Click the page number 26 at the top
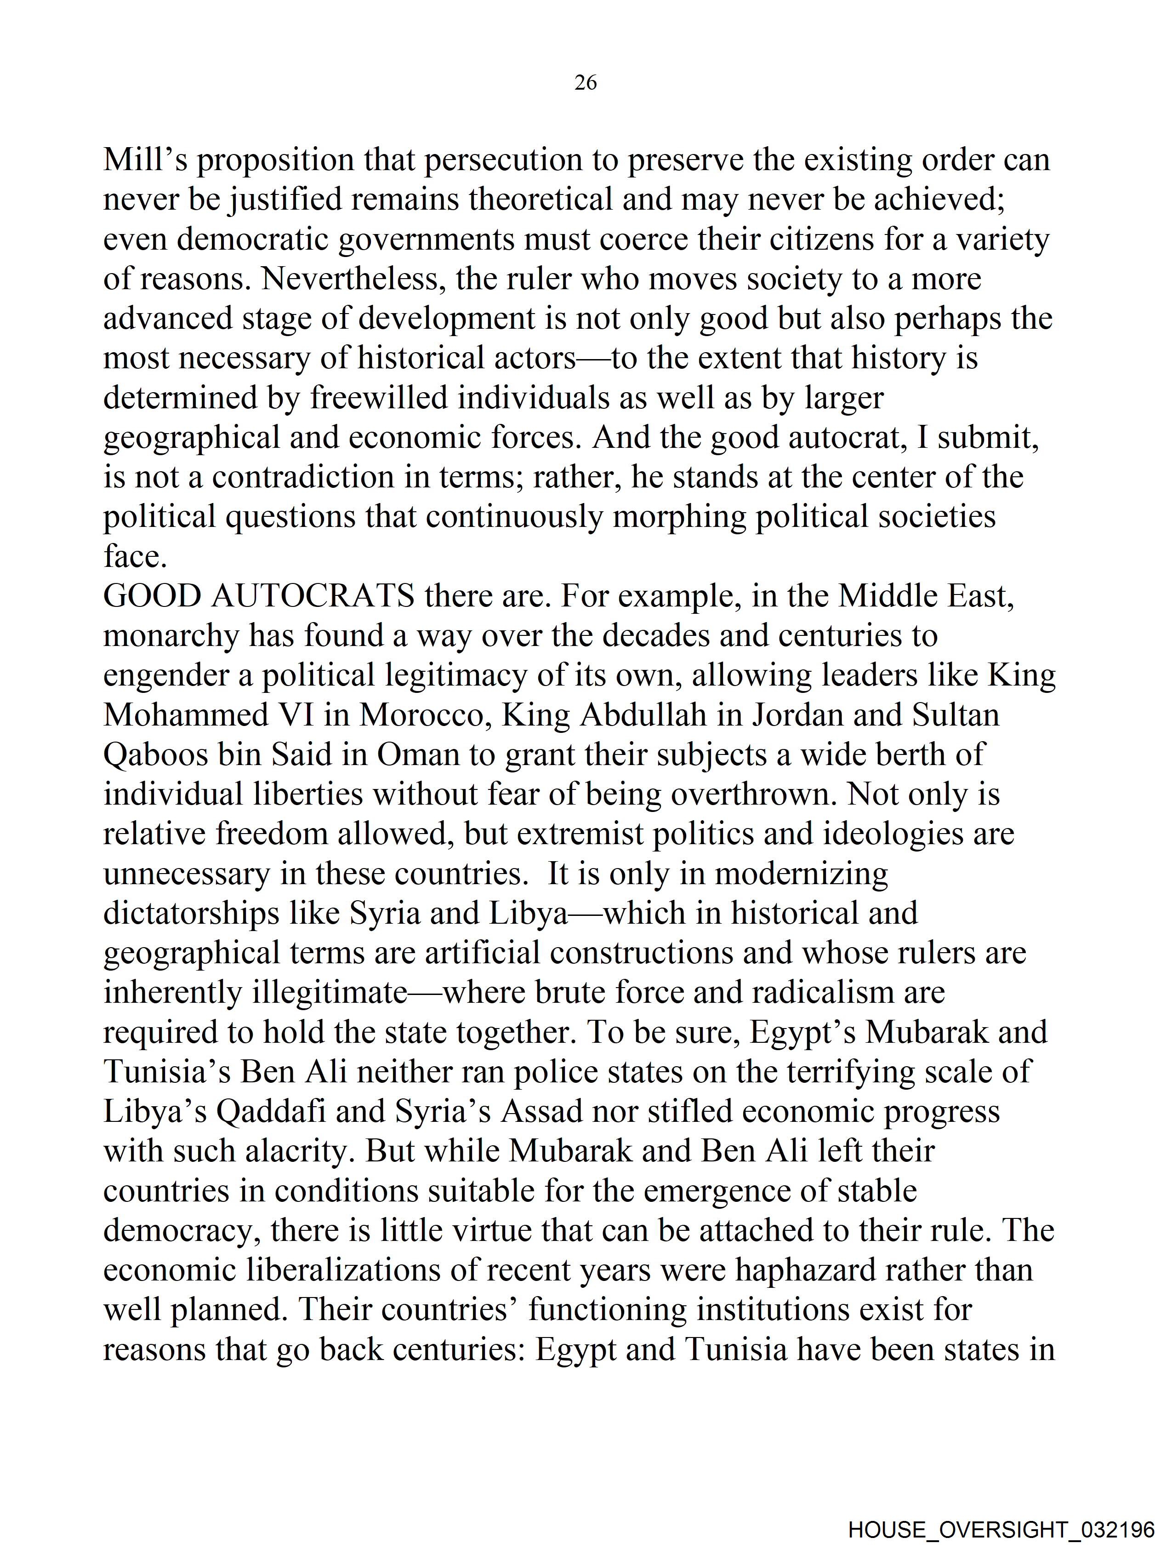click(x=585, y=83)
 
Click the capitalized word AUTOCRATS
click(x=312, y=596)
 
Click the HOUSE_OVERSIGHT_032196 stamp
click(x=1001, y=1529)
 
